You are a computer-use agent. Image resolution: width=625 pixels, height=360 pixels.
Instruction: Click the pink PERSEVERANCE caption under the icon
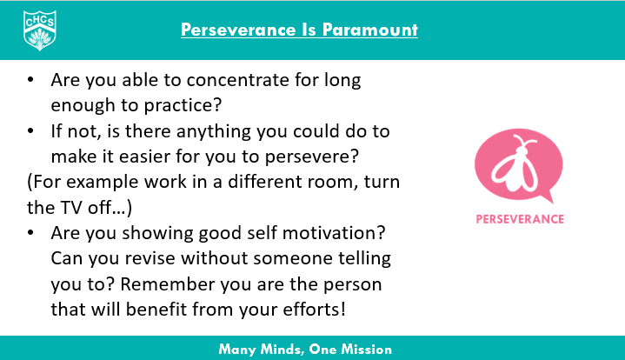520,218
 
